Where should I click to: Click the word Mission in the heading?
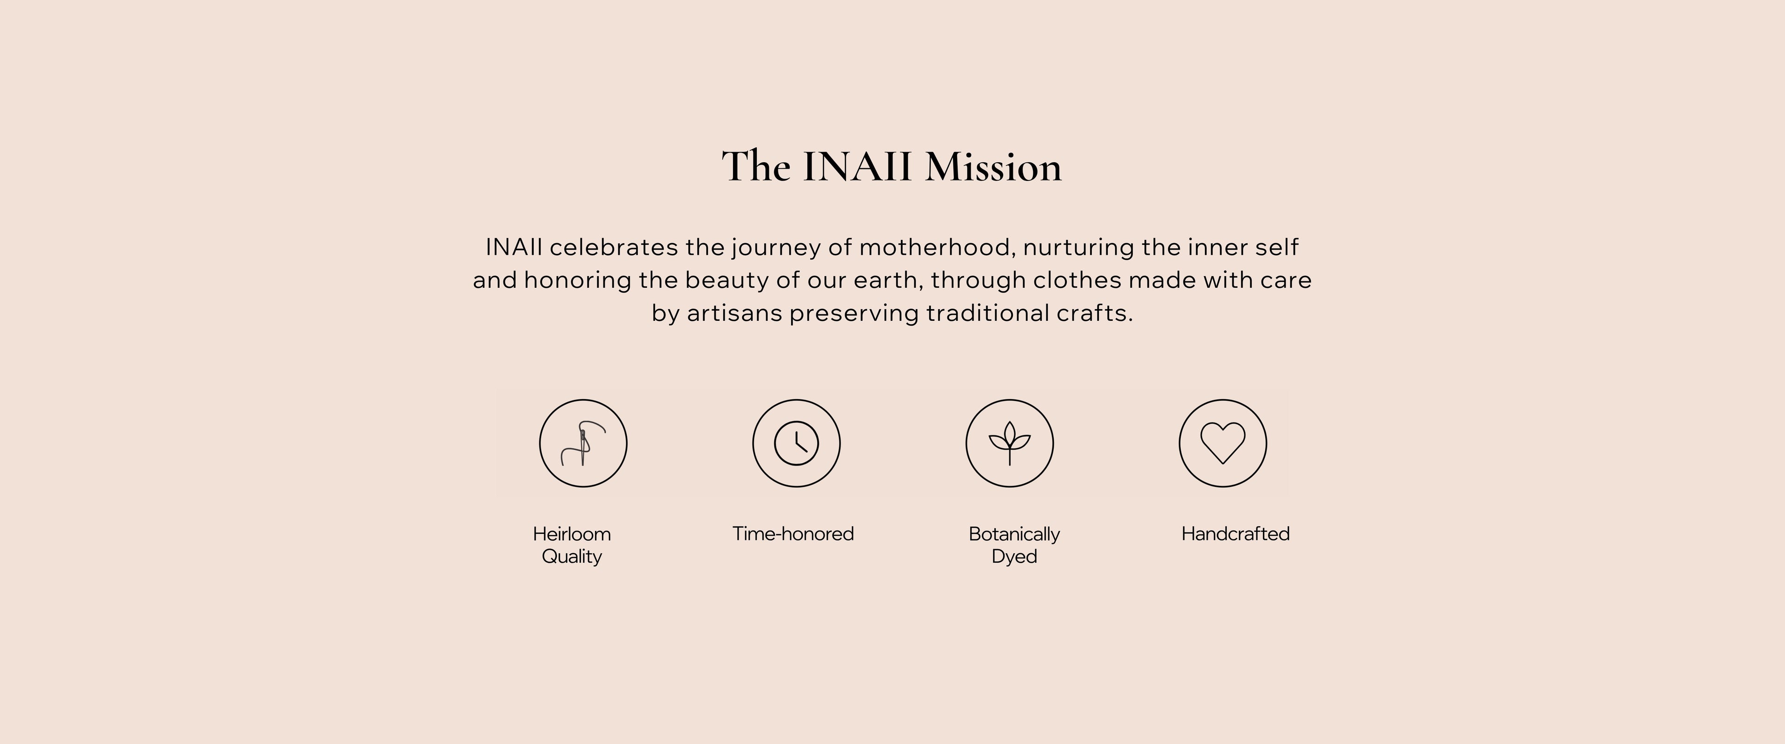993,166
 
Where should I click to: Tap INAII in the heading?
857,166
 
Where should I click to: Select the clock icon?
796,443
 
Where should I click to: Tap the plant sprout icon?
1010,443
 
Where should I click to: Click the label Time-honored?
793,534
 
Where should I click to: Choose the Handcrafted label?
1236,534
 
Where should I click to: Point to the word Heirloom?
572,534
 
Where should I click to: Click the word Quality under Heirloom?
572,557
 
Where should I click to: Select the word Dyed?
1014,557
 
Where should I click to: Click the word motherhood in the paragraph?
938,247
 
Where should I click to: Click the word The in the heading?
756,166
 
